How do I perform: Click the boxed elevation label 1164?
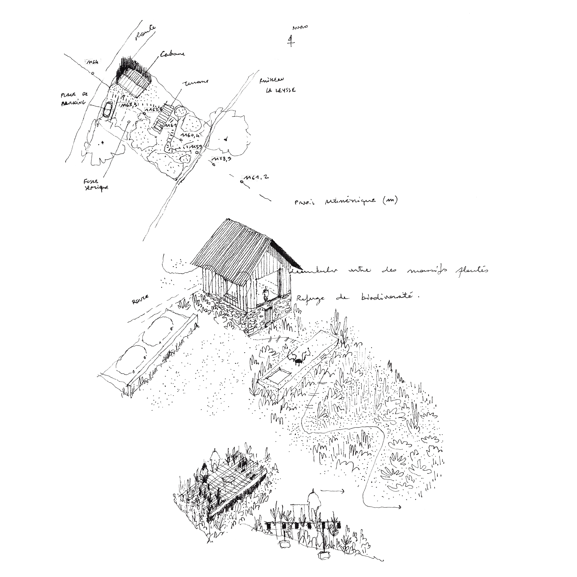coord(93,62)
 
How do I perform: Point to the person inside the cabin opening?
coord(265,295)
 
